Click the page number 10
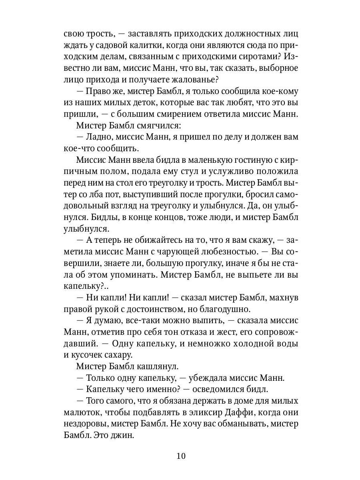tap(180, 456)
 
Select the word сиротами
tap(257, 56)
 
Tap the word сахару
tap(125, 356)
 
